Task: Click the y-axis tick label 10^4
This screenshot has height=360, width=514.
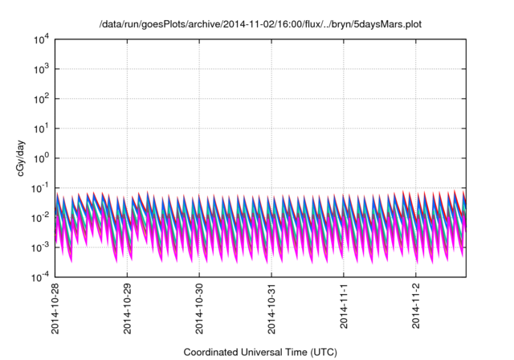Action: pyautogui.click(x=43, y=39)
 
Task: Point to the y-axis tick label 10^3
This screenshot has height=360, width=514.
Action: pyautogui.click(x=43, y=68)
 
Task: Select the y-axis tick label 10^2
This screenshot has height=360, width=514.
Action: pyautogui.click(x=43, y=98)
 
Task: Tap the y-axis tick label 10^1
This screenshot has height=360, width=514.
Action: pyautogui.click(x=43, y=128)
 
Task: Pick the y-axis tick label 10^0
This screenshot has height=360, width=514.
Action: pyautogui.click(x=43, y=157)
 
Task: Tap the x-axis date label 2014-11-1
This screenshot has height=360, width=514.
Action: pyautogui.click(x=344, y=304)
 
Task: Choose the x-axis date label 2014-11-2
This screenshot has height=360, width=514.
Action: pyautogui.click(x=416, y=304)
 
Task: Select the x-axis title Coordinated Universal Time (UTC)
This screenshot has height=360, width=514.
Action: pyautogui.click(x=260, y=352)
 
